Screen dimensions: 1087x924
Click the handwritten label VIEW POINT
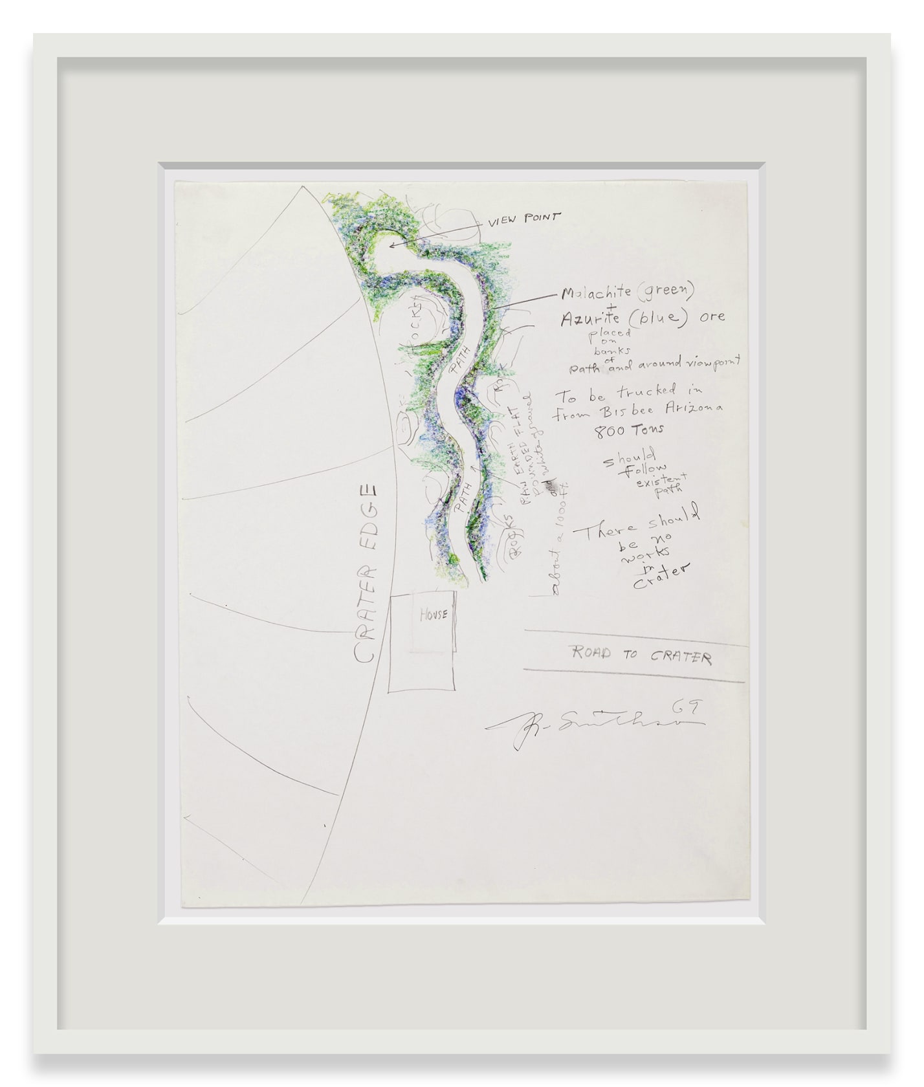pyautogui.click(x=524, y=219)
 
